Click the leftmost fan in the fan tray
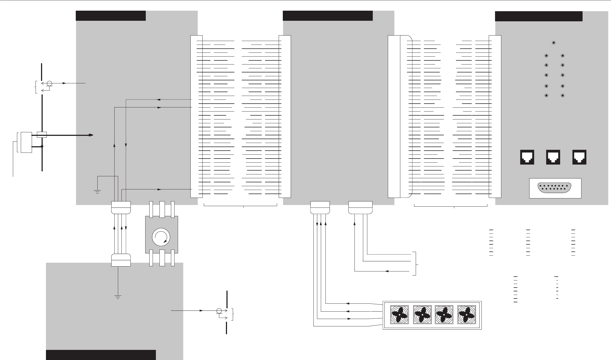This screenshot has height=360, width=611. (x=400, y=315)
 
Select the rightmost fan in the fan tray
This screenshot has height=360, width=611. (x=466, y=315)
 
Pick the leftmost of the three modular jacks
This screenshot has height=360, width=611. (x=527, y=157)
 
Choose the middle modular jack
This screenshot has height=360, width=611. (x=553, y=157)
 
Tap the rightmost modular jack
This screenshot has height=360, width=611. (x=579, y=157)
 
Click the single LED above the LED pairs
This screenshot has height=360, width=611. (x=554, y=43)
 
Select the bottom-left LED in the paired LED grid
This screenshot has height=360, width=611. (x=546, y=96)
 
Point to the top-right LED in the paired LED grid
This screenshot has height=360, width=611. (x=563, y=56)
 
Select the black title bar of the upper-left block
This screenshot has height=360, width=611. (x=110, y=16)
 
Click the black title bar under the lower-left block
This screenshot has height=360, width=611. (x=101, y=355)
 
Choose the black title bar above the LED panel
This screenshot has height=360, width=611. (x=539, y=16)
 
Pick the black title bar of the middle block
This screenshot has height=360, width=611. (x=328, y=16)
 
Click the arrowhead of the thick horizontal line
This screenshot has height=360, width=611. (x=91, y=135)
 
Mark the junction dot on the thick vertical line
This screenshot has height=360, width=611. (x=42, y=147)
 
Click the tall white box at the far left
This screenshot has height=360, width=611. (x=26, y=142)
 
